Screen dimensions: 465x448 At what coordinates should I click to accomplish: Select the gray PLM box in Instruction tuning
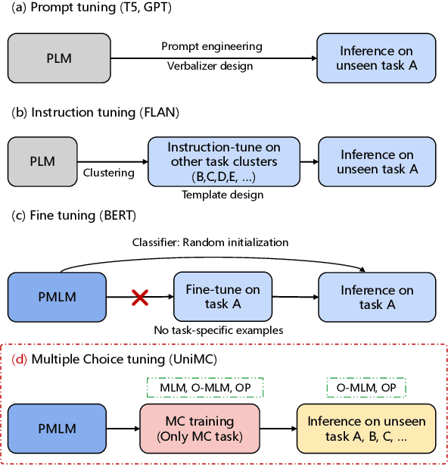(42, 161)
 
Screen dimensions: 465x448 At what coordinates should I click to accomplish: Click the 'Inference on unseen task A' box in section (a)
(376, 58)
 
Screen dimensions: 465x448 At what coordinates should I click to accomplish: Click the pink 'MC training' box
(199, 428)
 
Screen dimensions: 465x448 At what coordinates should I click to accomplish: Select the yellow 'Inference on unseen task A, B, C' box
(366, 428)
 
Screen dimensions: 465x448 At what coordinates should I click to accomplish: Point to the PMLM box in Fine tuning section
(56, 298)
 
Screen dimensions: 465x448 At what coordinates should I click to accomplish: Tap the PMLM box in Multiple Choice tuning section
(56, 428)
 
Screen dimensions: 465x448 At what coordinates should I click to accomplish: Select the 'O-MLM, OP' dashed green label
(366, 388)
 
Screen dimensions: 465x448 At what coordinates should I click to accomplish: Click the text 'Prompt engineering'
(212, 46)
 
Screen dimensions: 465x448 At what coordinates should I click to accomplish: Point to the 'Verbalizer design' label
(210, 66)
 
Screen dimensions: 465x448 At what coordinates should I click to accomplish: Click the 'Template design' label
(222, 195)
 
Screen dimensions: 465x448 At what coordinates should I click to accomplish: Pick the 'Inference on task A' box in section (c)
(376, 298)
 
